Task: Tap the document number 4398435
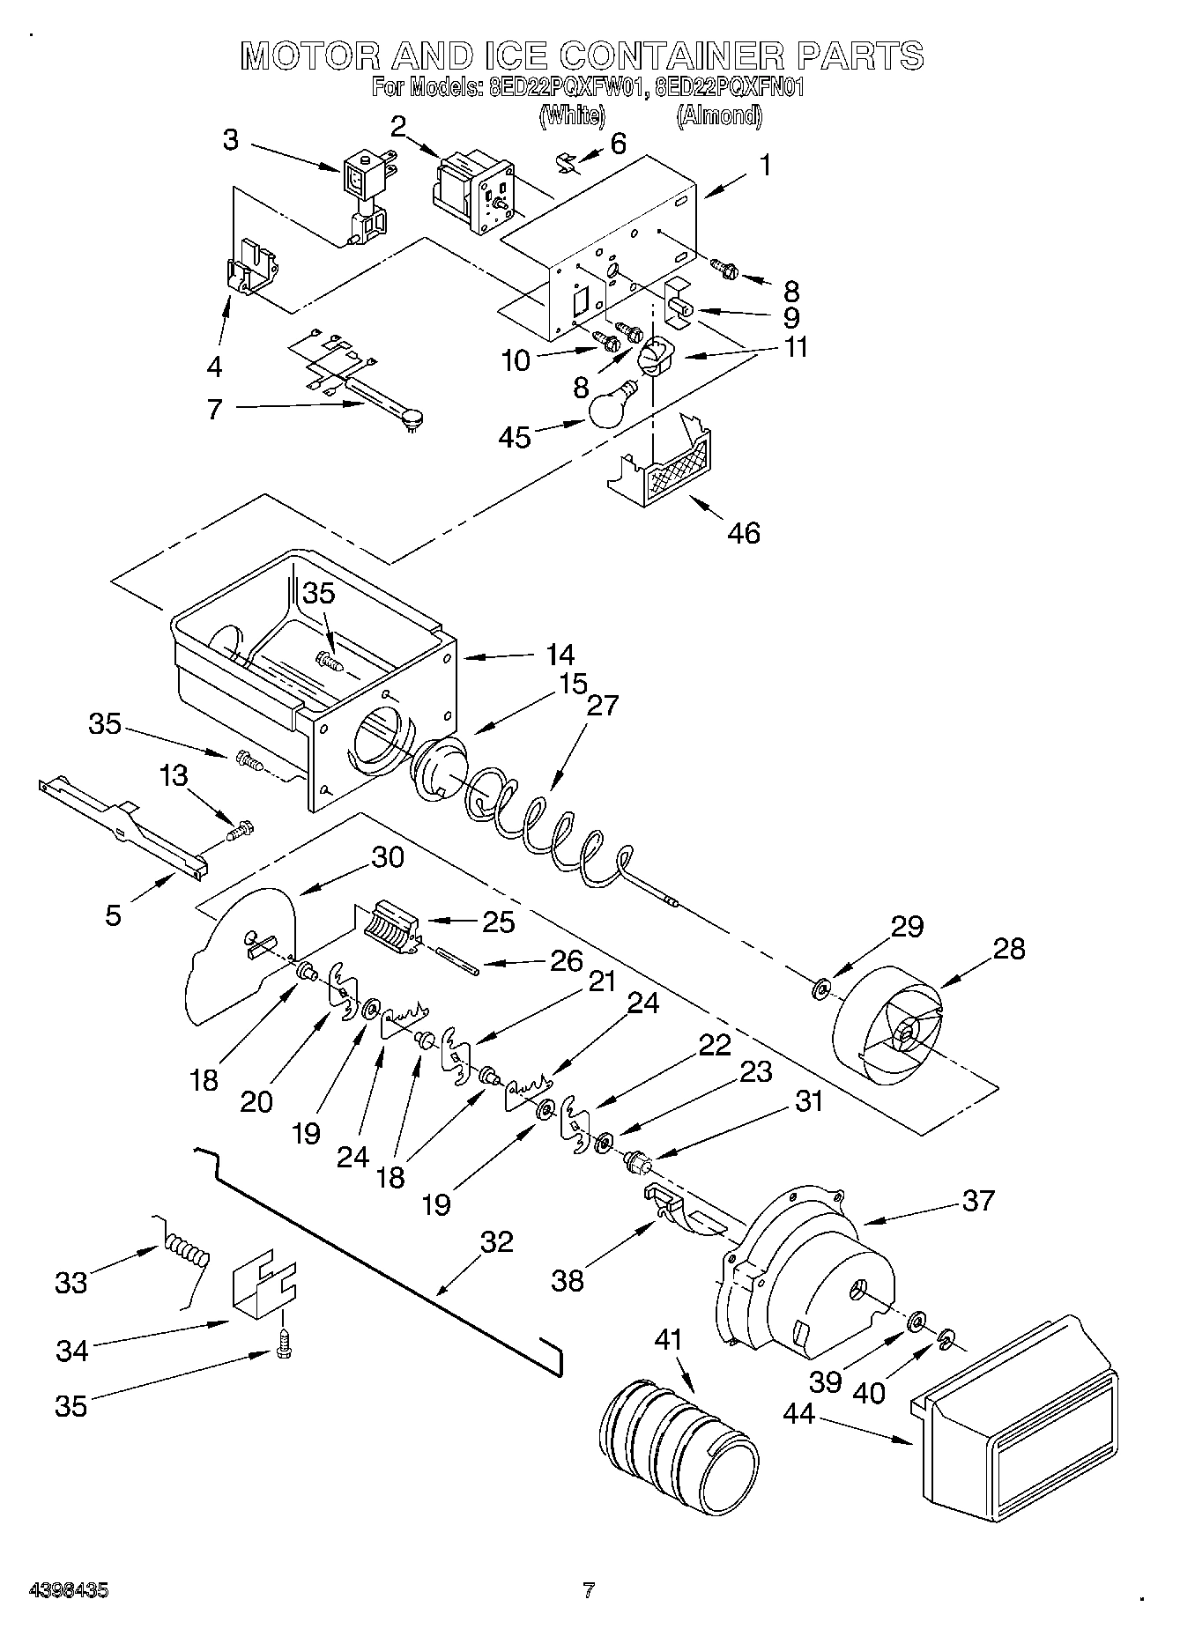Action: (69, 1590)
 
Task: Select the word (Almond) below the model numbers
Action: (718, 115)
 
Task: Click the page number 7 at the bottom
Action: (589, 1590)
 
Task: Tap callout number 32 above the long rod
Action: (496, 1241)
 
